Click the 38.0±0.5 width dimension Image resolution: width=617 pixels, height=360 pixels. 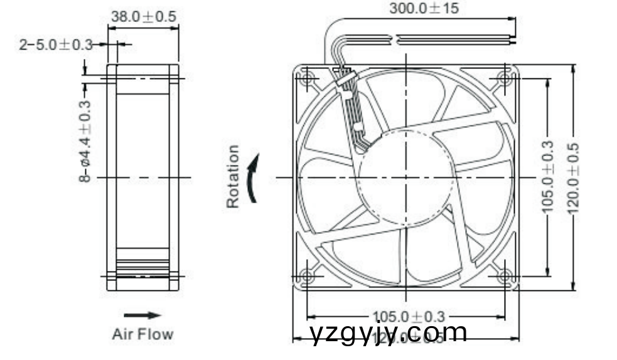(x=143, y=17)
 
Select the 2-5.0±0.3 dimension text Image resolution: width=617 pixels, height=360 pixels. (x=55, y=45)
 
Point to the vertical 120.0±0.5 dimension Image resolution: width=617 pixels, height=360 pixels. (x=572, y=178)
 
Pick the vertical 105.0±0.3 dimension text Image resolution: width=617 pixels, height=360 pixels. (x=548, y=178)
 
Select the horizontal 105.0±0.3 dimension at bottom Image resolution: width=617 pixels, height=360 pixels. (x=408, y=316)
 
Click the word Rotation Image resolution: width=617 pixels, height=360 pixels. (x=233, y=176)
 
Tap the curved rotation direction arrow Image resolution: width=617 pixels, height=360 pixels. (x=252, y=179)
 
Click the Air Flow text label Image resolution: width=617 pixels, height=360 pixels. (x=142, y=334)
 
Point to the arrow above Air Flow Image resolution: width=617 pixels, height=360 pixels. (x=142, y=315)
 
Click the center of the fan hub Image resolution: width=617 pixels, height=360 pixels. (x=406, y=177)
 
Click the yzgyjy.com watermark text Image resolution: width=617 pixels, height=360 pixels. (x=389, y=333)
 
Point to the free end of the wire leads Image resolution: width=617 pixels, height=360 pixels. (x=513, y=40)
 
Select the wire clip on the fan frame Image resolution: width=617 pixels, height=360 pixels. (x=346, y=80)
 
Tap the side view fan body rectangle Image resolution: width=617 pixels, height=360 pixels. (x=142, y=177)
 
